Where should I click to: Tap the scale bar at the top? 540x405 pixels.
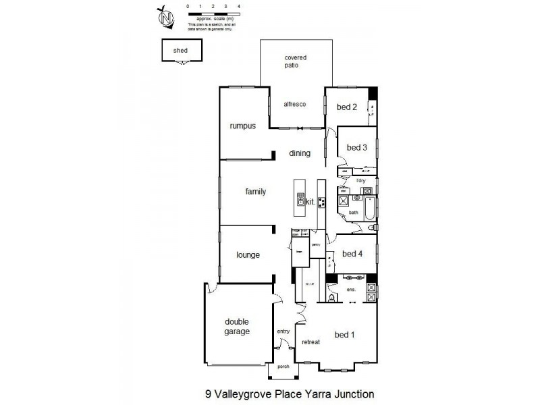(214, 13)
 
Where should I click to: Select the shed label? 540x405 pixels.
(180, 51)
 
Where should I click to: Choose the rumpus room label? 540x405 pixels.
(242, 126)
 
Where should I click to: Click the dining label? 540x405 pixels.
(300, 153)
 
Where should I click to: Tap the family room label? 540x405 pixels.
(255, 192)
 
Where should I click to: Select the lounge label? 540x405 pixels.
(248, 255)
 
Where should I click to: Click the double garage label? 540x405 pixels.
(237, 327)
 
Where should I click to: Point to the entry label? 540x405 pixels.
(283, 331)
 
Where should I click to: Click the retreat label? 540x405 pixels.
(310, 342)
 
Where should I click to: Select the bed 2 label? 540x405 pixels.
(347, 107)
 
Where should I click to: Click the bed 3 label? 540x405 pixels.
(356, 148)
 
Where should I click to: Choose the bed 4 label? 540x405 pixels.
(353, 254)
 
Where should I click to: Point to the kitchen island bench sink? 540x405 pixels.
(300, 199)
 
